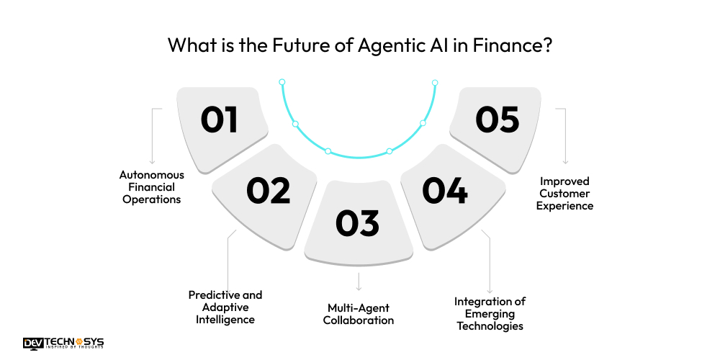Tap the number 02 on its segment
(268, 190)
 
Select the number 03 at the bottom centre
(358, 222)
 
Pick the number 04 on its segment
(444, 190)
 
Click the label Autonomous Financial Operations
(152, 187)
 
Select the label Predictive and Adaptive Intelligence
(225, 306)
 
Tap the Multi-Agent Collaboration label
(359, 314)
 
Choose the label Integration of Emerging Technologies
(490, 313)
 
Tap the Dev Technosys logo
(63, 343)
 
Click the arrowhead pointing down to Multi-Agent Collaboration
(359, 288)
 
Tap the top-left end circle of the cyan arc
(282, 82)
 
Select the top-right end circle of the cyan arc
(435, 82)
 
